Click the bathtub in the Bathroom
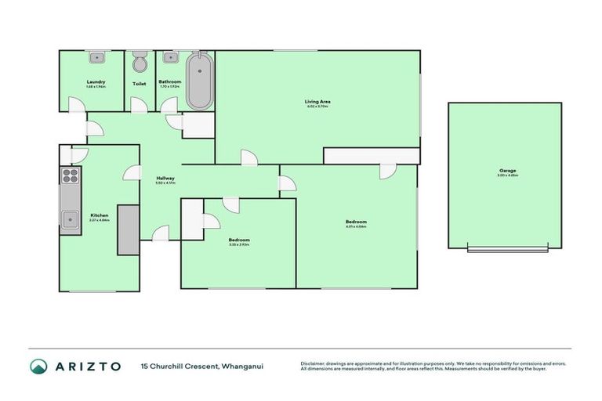pyautogui.click(x=198, y=81)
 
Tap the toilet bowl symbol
pyautogui.click(x=140, y=63)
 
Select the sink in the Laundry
pyautogui.click(x=98, y=57)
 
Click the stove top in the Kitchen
pyautogui.click(x=70, y=175)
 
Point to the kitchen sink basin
pyautogui.click(x=71, y=219)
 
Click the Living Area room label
pyautogui.click(x=317, y=101)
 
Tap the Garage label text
pyautogui.click(x=506, y=170)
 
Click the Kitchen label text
pyautogui.click(x=99, y=215)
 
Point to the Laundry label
pyautogui.click(x=96, y=81)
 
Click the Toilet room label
pyautogui.click(x=140, y=82)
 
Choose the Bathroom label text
pyautogui.click(x=169, y=81)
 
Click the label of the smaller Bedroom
pyautogui.click(x=238, y=239)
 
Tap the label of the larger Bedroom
pyautogui.click(x=356, y=222)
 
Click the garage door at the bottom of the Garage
pyautogui.click(x=505, y=249)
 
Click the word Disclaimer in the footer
pyautogui.click(x=314, y=363)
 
